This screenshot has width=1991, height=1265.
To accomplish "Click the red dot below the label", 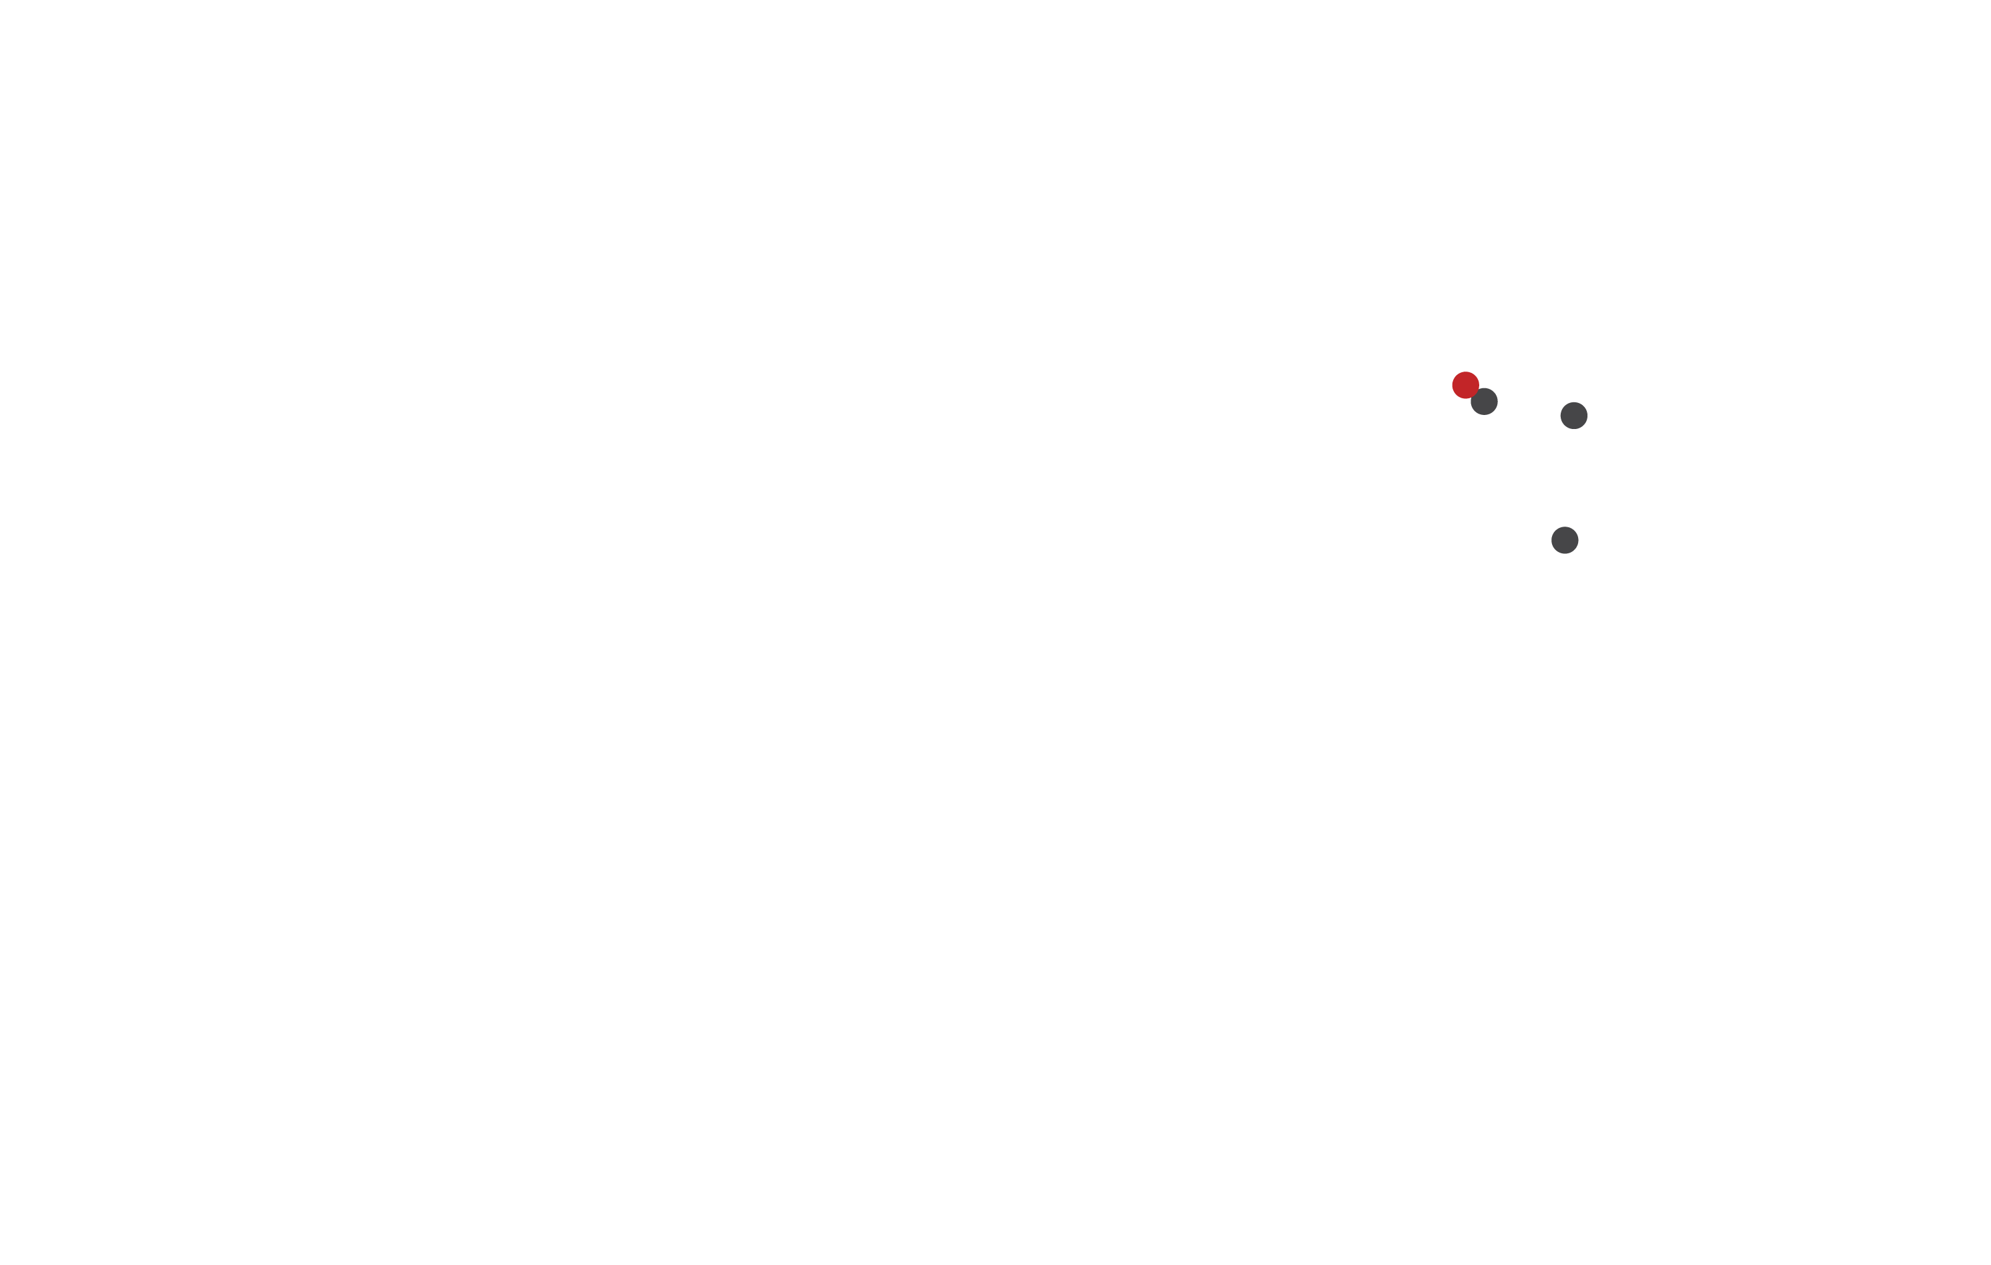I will tap(1465, 384).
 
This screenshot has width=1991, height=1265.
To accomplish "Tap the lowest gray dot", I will tap(1564, 540).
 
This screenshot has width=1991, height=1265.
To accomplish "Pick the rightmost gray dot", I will tap(1573, 415).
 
